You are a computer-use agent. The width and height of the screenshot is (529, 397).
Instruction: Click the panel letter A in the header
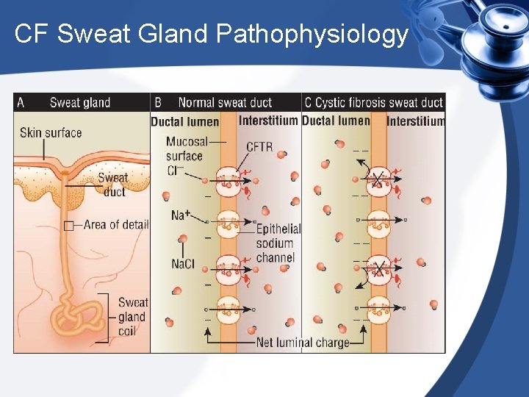click(x=21, y=102)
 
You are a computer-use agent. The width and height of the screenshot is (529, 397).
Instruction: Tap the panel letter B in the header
click(x=158, y=102)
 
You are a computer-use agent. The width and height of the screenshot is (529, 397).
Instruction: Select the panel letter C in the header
click(x=308, y=102)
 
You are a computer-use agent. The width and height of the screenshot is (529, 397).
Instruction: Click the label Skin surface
click(x=51, y=133)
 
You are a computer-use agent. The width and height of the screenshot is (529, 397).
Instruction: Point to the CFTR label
click(x=259, y=147)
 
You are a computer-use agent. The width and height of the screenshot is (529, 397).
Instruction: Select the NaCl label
click(x=183, y=264)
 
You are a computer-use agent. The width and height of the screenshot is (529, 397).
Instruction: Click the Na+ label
click(x=181, y=215)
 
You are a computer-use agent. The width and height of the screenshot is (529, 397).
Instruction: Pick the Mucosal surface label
click(x=185, y=149)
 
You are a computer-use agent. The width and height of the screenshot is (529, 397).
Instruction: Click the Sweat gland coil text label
click(x=133, y=317)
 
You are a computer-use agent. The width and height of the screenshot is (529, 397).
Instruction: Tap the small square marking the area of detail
click(x=68, y=225)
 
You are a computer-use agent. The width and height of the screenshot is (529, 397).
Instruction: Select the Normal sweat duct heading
click(x=225, y=103)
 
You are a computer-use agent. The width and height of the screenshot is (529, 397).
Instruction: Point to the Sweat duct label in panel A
click(x=113, y=185)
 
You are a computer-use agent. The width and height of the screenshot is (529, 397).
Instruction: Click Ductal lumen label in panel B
click(x=184, y=121)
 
